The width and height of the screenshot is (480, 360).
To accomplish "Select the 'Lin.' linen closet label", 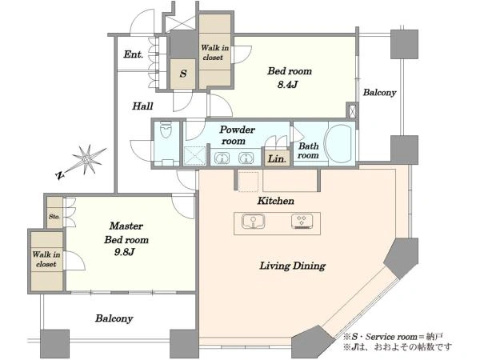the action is click(277, 159).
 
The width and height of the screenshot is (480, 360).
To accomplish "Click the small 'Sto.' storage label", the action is click(54, 217).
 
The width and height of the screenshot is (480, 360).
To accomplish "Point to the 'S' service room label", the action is click(183, 74).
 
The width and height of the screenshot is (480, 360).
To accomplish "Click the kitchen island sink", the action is click(253, 221).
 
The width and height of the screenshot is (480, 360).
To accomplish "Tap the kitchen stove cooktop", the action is click(302, 221).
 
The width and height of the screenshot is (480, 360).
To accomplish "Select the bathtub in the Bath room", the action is click(339, 144).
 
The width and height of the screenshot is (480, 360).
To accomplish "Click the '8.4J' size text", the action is click(287, 85).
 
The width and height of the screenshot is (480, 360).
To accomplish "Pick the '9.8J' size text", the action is click(125, 252).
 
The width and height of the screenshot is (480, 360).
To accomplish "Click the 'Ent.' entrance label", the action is click(134, 54).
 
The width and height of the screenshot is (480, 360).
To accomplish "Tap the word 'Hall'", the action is click(142, 106).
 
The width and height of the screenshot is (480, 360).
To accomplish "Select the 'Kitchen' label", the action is click(276, 201).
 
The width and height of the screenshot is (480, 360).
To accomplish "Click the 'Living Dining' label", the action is click(293, 266).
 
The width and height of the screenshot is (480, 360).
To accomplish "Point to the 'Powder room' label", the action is click(237, 135).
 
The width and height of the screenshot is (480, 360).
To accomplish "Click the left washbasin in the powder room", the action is click(222, 158).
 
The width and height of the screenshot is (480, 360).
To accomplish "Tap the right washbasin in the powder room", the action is click(246, 158).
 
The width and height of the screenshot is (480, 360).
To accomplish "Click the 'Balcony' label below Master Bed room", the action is click(114, 318).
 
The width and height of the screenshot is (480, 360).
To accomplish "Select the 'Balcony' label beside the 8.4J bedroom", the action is click(379, 93).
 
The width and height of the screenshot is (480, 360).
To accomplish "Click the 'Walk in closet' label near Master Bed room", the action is click(46, 259).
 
